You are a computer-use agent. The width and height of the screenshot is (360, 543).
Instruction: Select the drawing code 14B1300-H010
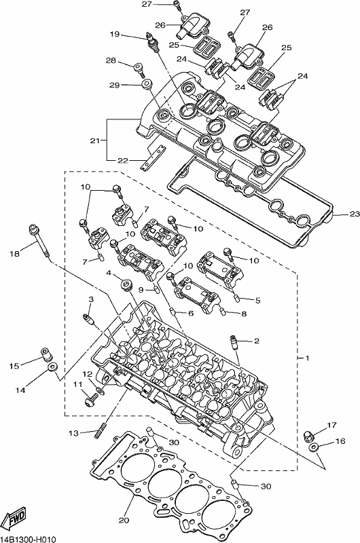point(28,539)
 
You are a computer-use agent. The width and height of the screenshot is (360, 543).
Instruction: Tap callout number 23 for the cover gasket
point(354,214)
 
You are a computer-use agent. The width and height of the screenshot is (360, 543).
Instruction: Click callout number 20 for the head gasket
point(124,520)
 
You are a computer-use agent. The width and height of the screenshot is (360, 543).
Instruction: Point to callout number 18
point(14,254)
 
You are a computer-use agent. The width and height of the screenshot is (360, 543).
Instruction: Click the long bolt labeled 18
point(39,241)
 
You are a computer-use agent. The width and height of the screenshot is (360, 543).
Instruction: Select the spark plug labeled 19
point(153,42)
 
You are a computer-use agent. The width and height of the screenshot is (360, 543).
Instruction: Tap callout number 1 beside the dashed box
point(306,358)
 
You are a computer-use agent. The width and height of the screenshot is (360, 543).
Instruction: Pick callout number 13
point(73,433)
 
